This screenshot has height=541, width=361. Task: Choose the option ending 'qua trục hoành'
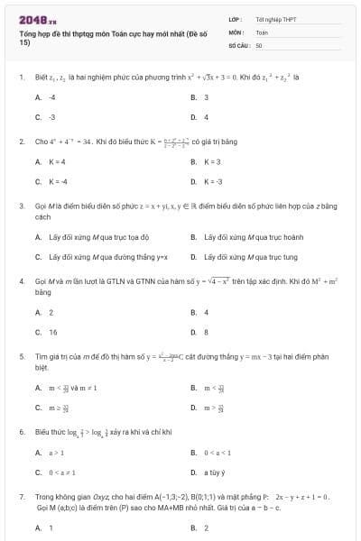(245, 237)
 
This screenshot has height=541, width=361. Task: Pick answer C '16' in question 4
(52, 332)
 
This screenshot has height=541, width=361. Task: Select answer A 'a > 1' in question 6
(55, 452)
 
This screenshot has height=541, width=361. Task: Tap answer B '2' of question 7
(206, 527)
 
